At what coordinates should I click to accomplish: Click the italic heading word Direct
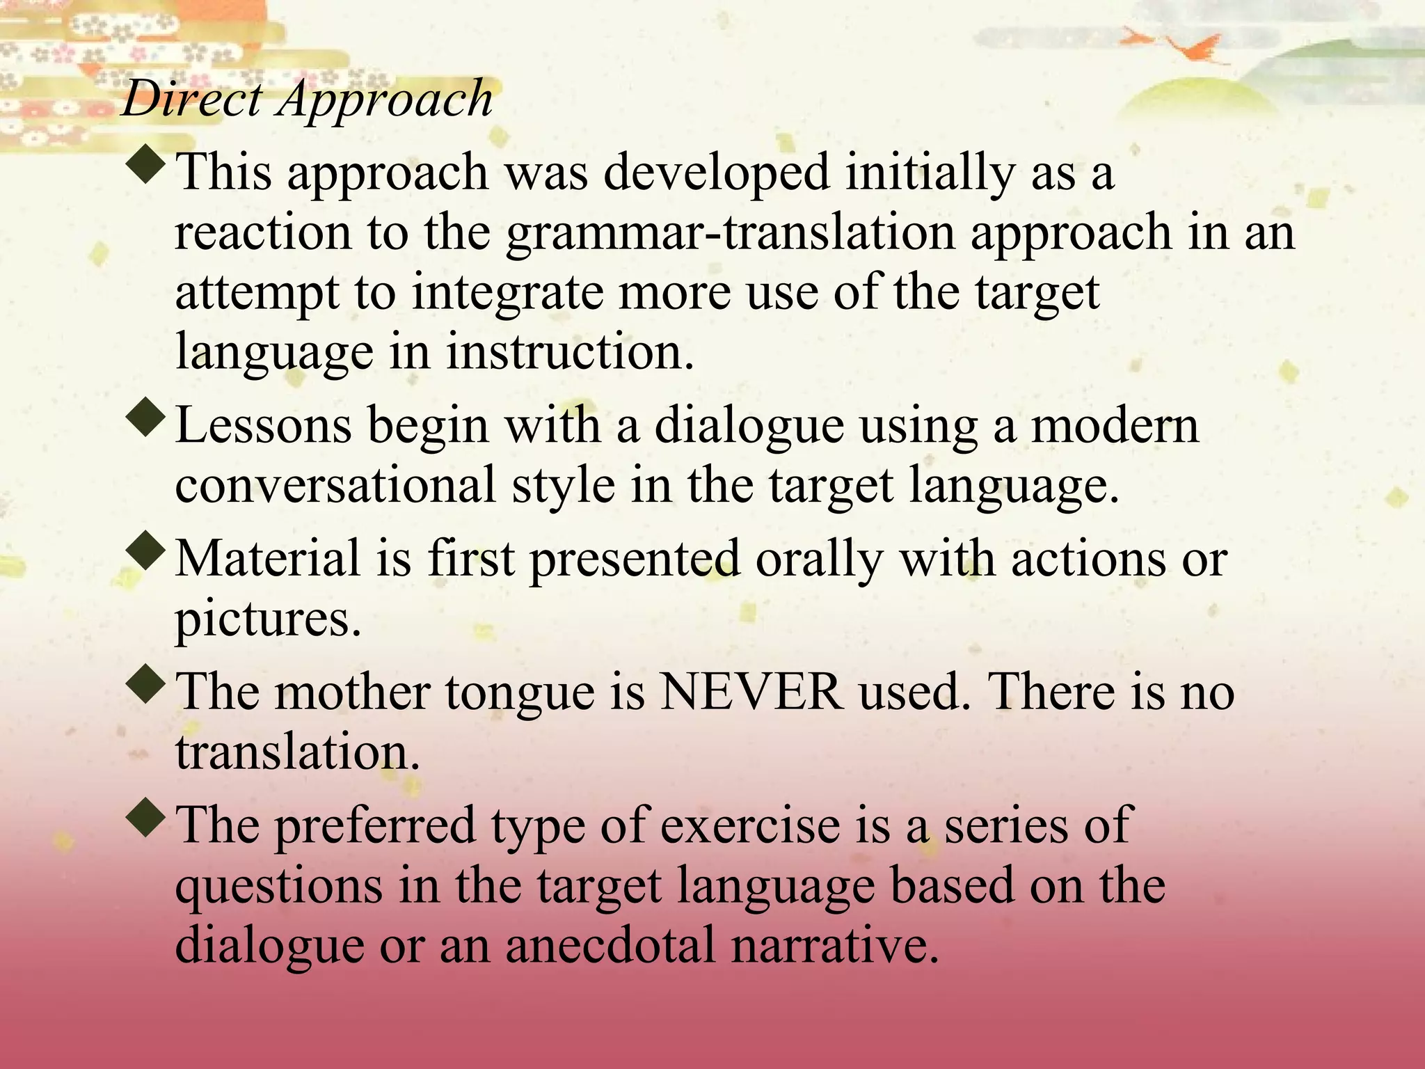pyautogui.click(x=192, y=99)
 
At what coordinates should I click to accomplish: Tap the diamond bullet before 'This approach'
pyautogui.click(x=147, y=166)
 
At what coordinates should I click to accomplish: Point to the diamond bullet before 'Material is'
pyautogui.click(x=147, y=553)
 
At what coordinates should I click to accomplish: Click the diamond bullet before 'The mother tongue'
pyautogui.click(x=147, y=686)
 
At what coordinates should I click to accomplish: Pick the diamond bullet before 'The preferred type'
pyautogui.click(x=147, y=818)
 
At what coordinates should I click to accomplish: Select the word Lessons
pyautogui.click(x=263, y=425)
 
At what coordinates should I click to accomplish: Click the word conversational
pyautogui.click(x=335, y=485)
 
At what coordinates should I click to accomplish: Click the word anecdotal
pyautogui.click(x=610, y=946)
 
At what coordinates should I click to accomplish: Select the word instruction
pyautogui.click(x=570, y=352)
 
